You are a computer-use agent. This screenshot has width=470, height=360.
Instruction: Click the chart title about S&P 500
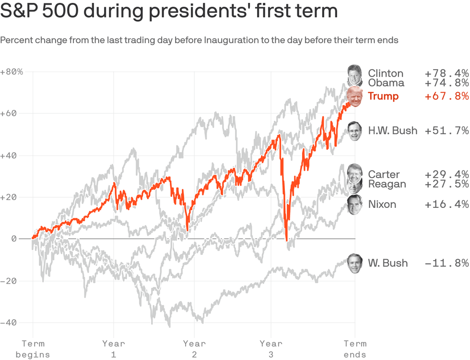pyautogui.click(x=169, y=12)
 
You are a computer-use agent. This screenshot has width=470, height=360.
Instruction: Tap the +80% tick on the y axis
pyautogui.click(x=12, y=72)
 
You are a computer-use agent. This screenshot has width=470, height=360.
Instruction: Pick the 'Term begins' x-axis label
pyautogui.click(x=33, y=349)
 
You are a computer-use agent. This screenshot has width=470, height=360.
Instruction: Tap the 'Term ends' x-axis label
pyautogui.click(x=355, y=349)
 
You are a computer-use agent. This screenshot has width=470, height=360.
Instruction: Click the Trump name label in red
pyautogui.click(x=383, y=96)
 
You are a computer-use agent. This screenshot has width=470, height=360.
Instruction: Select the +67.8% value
pyautogui.click(x=446, y=96)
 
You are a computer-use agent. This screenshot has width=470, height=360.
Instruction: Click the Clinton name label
pyautogui.click(x=386, y=73)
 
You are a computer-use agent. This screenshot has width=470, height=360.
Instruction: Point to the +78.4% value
pyautogui.click(x=446, y=73)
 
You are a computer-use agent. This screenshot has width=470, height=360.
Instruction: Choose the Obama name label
pyautogui.click(x=386, y=83)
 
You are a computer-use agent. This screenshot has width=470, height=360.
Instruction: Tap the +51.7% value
pyautogui.click(x=446, y=131)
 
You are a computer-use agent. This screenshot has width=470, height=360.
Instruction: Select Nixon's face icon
pyautogui.click(x=354, y=205)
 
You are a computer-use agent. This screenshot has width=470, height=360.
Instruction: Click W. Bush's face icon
pyautogui.click(x=355, y=263)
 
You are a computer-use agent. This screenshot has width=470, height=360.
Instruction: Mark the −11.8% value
pyautogui.click(x=446, y=263)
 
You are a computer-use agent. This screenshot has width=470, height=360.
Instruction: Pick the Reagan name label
pyautogui.click(x=387, y=184)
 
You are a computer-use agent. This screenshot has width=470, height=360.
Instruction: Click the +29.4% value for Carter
pyautogui.click(x=446, y=174)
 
